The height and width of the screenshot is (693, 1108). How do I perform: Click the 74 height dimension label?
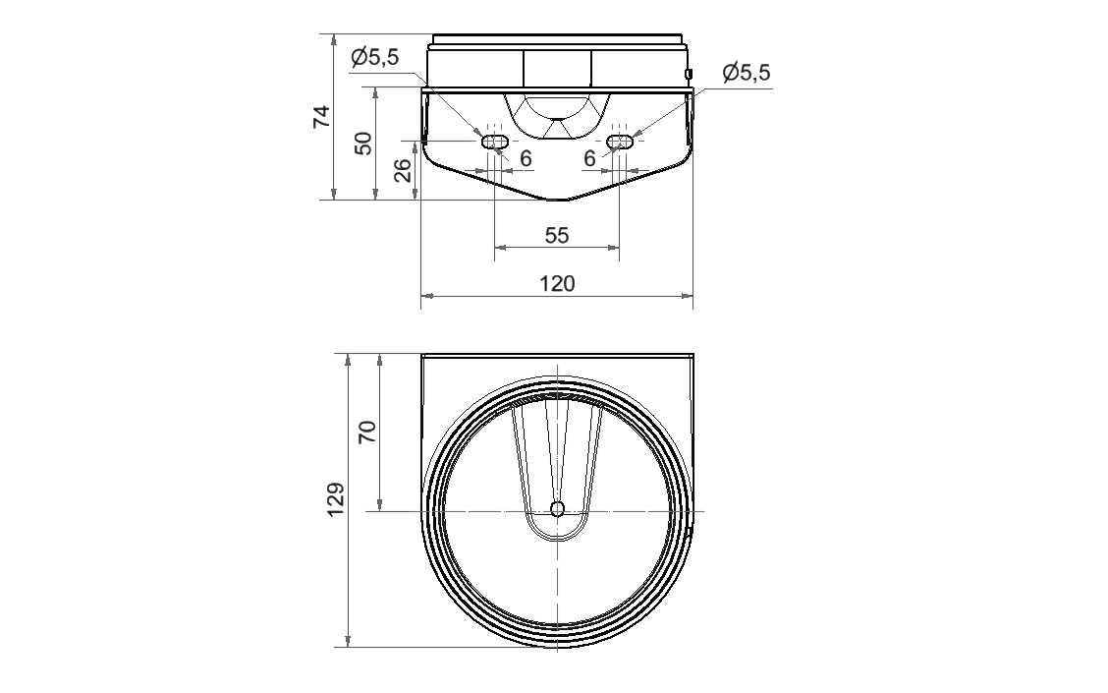pos(321,116)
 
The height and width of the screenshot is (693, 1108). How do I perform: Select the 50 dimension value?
pos(363,144)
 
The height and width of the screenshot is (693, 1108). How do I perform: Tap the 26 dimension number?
pos(402,170)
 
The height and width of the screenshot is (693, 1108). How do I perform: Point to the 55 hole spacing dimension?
pos(557,236)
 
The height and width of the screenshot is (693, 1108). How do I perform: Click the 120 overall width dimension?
pos(558,283)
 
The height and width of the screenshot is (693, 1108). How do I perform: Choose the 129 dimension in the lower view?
pos(336,499)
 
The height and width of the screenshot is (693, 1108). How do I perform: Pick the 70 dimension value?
pos(369,432)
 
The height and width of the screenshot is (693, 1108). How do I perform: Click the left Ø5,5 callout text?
pos(375,57)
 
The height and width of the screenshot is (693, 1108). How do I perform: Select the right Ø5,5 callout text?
pos(747,72)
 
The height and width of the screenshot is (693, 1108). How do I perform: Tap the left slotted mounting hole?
pos(494,142)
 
